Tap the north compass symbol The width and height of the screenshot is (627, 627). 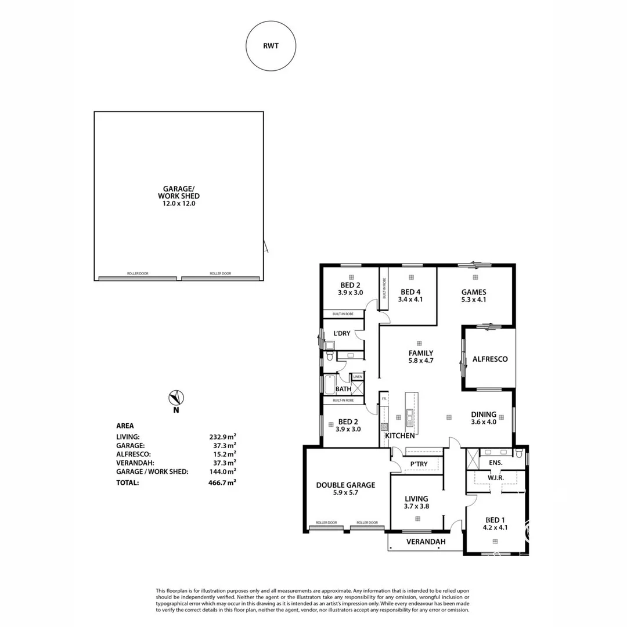pos(176,398)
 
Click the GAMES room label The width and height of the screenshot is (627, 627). pos(473,292)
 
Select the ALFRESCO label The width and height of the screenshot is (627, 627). pos(490,359)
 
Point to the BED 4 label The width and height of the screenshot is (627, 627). pos(410,292)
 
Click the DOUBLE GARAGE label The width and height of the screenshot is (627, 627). pos(345,485)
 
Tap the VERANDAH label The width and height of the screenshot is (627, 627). pos(426,542)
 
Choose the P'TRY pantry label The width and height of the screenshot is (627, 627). pos(419,464)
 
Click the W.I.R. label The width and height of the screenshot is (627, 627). pos(495,478)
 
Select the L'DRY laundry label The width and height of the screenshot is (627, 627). pos(341,333)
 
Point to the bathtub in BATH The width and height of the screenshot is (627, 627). pos(329,384)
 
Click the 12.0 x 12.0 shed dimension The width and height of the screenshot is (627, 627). pos(179,204)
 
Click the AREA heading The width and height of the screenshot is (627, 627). pos(125,426)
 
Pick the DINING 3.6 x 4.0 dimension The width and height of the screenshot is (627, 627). pos(484,422)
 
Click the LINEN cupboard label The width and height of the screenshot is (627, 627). pos(357,377)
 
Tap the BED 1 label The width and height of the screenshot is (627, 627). pos(495,520)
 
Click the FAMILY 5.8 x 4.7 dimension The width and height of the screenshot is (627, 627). pos(421,361)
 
